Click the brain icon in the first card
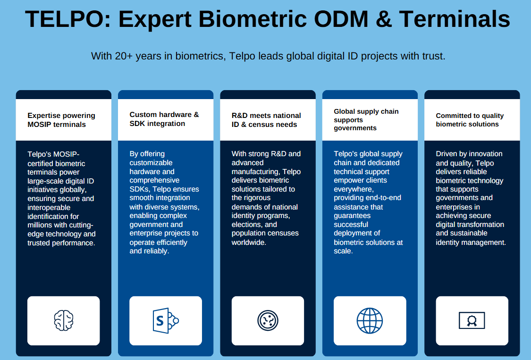point(64,320)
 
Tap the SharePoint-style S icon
point(165,320)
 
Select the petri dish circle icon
point(268,320)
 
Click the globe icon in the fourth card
point(370,320)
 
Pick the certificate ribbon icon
point(472,321)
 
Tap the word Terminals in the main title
point(455,19)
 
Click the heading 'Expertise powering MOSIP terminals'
point(61,120)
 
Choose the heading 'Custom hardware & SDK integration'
point(164,119)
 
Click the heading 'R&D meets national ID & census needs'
point(266,120)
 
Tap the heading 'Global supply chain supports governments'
point(366,120)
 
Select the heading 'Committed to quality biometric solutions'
point(470,120)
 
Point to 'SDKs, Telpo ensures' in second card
point(164,189)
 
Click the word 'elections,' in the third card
point(247,225)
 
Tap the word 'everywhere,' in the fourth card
point(354,189)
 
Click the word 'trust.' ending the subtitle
point(434,56)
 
